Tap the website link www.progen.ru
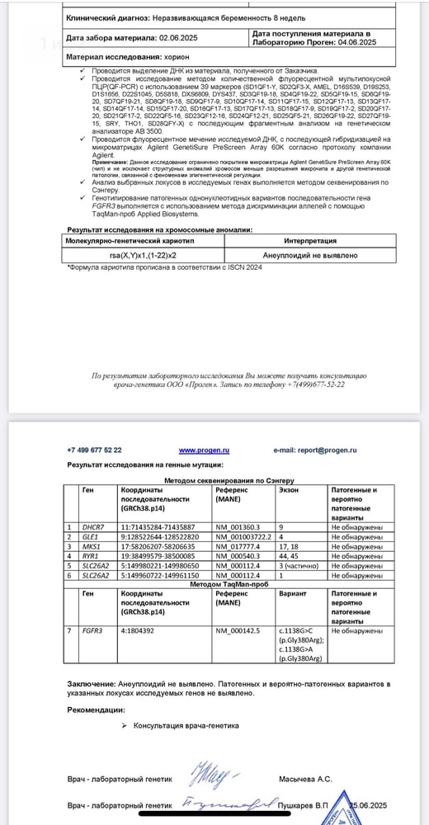pyautogui.click(x=203, y=450)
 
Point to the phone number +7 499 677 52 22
pyautogui.click(x=94, y=450)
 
